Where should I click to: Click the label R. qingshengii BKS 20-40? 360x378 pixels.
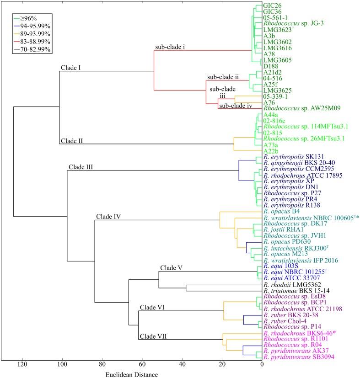coord(297,163)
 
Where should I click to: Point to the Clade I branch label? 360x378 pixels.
coord(70,68)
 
